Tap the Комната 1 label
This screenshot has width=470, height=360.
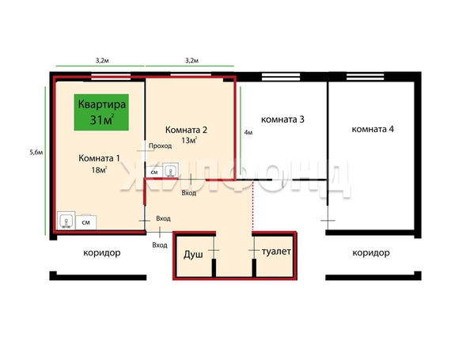point(98,158)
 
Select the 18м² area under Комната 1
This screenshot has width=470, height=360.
point(99,169)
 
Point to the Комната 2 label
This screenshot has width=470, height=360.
point(185,129)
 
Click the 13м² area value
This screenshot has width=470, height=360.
point(188,140)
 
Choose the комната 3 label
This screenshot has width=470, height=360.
point(282,120)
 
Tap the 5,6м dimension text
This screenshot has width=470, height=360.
point(35,152)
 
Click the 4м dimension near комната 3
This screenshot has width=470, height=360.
point(248,133)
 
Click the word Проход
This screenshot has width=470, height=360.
point(160,146)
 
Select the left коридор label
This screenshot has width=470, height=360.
point(101,253)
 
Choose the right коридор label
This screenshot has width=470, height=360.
point(371,253)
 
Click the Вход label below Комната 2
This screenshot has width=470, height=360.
point(188,193)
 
